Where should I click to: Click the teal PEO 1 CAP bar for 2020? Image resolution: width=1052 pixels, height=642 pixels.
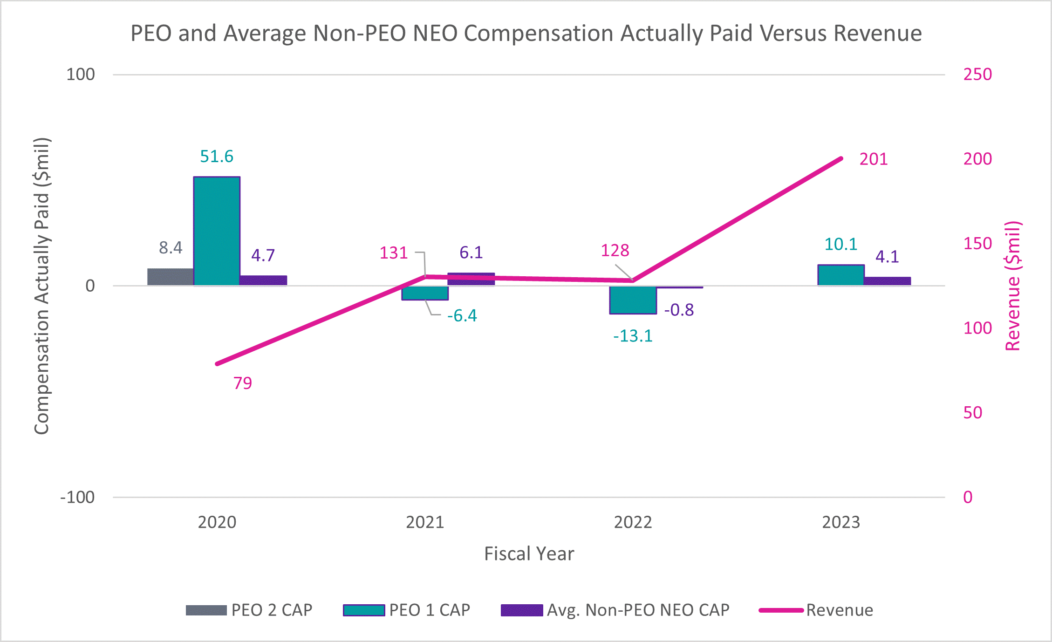(x=217, y=231)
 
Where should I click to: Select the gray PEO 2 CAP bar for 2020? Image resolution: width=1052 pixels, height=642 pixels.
(x=171, y=277)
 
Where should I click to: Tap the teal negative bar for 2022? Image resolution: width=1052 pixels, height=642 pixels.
(x=633, y=300)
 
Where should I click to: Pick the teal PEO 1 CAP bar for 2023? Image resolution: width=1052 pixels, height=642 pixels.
(x=840, y=275)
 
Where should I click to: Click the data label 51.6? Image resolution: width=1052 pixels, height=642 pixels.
(x=217, y=157)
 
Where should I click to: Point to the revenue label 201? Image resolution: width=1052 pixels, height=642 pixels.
(x=874, y=159)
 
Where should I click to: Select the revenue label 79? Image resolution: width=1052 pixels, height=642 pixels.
(x=242, y=383)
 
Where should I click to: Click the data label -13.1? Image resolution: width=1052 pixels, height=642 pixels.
(x=633, y=336)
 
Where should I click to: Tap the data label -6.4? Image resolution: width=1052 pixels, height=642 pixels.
(x=462, y=316)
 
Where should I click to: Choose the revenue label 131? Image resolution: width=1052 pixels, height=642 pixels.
(x=393, y=253)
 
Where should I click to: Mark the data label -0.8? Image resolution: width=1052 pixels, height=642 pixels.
(x=679, y=310)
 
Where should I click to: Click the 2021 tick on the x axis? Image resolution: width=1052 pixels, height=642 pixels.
(x=424, y=522)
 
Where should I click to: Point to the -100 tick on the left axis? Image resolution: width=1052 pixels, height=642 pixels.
(x=77, y=497)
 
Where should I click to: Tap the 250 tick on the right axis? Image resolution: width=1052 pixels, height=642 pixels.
(x=977, y=75)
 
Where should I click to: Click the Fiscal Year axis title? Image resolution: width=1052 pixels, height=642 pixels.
(x=529, y=554)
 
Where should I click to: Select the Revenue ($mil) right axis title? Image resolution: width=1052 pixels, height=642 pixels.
(x=1013, y=286)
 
